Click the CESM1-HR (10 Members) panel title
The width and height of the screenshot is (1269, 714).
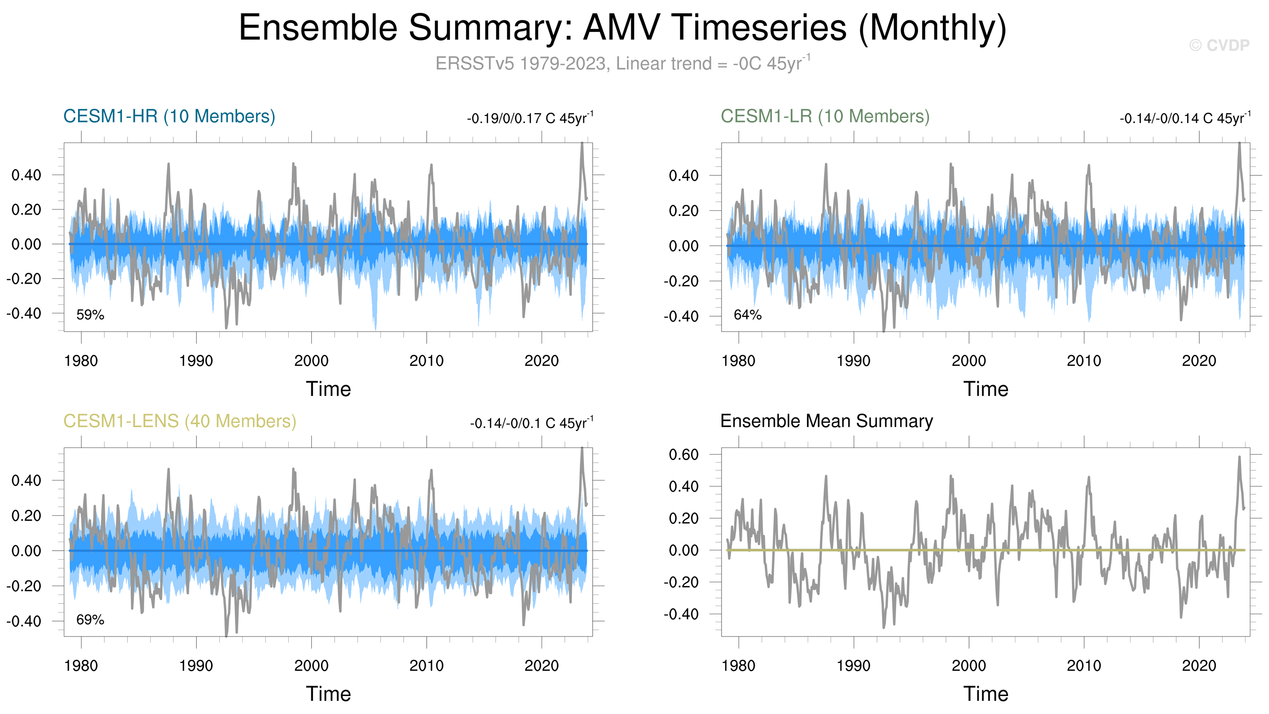169,116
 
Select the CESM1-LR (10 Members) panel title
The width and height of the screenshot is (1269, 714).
825,116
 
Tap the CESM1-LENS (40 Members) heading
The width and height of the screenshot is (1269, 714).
180,421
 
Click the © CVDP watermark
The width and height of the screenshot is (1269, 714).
1219,45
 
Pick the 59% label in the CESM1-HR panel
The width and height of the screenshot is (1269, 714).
90,315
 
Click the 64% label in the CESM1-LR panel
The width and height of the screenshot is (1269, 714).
747,315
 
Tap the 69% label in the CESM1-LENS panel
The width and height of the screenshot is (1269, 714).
90,620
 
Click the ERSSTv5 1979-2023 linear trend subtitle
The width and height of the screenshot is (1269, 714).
623,64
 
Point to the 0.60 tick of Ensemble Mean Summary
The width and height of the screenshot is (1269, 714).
683,454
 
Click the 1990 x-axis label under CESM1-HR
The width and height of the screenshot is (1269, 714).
196,361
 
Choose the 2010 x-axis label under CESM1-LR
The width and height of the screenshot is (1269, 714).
1084,361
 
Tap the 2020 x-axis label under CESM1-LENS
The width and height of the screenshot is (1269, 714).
542,666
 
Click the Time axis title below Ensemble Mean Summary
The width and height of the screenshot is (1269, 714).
986,694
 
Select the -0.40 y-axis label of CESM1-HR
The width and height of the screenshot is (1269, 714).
24,313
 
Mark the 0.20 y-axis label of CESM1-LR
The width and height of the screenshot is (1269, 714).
683,211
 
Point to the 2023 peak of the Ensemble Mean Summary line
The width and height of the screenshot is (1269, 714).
1239,457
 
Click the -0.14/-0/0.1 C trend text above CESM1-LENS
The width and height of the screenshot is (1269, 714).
531,423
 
